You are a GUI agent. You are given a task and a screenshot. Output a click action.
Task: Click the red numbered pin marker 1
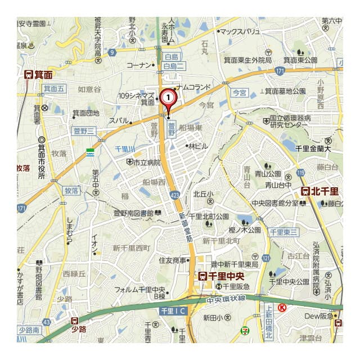[x=168, y=97]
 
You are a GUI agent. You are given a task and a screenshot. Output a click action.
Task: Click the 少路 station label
[x=78, y=328]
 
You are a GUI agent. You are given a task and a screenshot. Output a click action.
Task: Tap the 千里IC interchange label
[x=174, y=310]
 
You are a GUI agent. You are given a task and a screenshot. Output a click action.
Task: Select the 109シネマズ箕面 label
[x=137, y=98]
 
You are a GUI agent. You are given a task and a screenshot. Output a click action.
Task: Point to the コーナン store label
[x=139, y=65]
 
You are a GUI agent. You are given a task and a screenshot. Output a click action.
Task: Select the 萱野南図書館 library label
[x=133, y=213]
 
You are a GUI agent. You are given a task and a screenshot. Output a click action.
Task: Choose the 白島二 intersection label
[x=173, y=67]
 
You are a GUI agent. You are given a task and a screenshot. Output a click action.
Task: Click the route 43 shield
[x=46, y=322]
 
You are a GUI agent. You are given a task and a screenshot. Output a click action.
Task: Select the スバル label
[x=119, y=120]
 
